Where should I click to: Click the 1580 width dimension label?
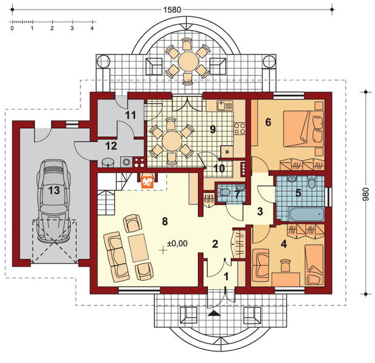[x=172, y=10]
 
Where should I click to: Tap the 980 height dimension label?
[x=366, y=194]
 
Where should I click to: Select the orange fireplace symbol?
[x=148, y=182]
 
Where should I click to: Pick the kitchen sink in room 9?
[x=225, y=105]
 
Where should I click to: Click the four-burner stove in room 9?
[x=240, y=128]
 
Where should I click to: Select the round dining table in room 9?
[x=172, y=141]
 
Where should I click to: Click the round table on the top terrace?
[x=188, y=61]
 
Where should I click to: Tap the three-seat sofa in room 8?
[x=117, y=257]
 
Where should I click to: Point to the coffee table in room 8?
[x=139, y=247]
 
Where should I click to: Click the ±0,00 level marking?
[x=177, y=244]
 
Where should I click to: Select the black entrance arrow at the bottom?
[x=214, y=313]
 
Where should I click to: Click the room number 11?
[x=131, y=115]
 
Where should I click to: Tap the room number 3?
[x=260, y=211]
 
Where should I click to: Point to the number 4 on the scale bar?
[x=92, y=28]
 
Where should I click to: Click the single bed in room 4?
[x=314, y=264]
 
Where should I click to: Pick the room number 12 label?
[x=111, y=146]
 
